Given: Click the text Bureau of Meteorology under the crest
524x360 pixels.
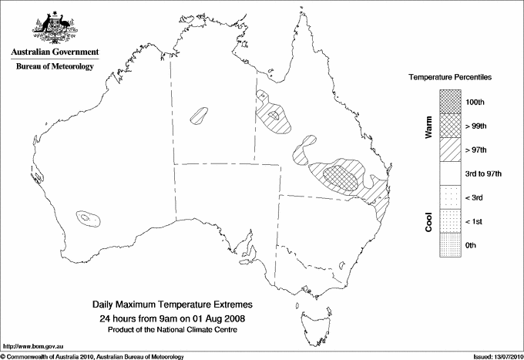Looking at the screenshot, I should (x=54, y=67).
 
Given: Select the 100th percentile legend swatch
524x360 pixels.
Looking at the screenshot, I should (x=449, y=101).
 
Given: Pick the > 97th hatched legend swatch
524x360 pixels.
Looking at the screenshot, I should (x=449, y=149).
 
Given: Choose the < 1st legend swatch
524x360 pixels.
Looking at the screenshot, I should (x=449, y=221).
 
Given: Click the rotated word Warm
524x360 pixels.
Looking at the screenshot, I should (x=428, y=126).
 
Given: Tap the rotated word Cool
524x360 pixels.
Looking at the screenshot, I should (x=428, y=220).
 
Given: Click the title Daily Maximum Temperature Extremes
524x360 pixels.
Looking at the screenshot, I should (x=173, y=305).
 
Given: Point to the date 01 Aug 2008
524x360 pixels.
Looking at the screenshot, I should (x=221, y=318).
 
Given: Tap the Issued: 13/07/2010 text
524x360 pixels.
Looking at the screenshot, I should (x=495, y=355).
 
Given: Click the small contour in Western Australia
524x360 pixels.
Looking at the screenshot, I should (x=87, y=219).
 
